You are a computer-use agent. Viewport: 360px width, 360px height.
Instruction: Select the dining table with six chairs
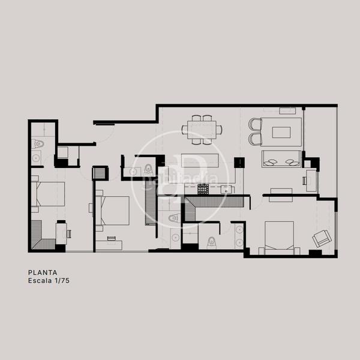[x=202, y=128]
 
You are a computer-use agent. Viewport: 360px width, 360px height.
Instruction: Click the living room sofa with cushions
[x=281, y=160]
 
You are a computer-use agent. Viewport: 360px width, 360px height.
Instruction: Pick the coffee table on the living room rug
[x=284, y=131]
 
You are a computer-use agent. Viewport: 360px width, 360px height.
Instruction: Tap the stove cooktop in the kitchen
[x=204, y=190]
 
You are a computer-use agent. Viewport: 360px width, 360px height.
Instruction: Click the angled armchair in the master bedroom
[x=320, y=239]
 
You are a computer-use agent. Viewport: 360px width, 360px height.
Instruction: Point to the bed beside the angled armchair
[x=278, y=236]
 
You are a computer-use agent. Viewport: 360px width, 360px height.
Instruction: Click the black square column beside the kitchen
[x=239, y=162]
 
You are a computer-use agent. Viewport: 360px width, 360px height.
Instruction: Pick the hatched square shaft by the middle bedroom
[x=99, y=173]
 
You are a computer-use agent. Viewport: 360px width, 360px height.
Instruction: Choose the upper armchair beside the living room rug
[x=256, y=125]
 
